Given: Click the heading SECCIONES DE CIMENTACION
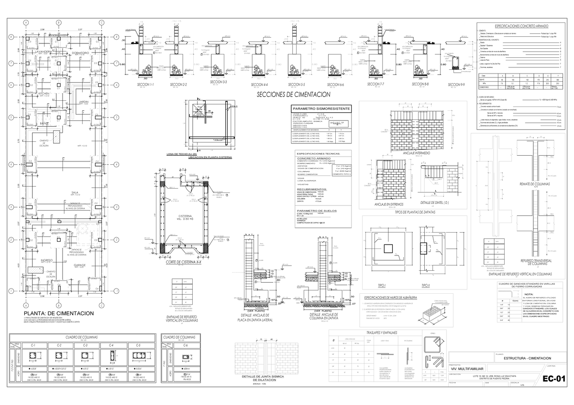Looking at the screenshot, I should click(293, 95).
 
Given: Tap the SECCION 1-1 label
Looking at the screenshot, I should click(145, 85).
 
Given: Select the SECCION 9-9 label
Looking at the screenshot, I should click(456, 85).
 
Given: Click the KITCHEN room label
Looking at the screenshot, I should click(44, 94).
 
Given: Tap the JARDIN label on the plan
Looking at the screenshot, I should click(84, 102).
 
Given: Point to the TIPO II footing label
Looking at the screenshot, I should click(426, 285).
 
